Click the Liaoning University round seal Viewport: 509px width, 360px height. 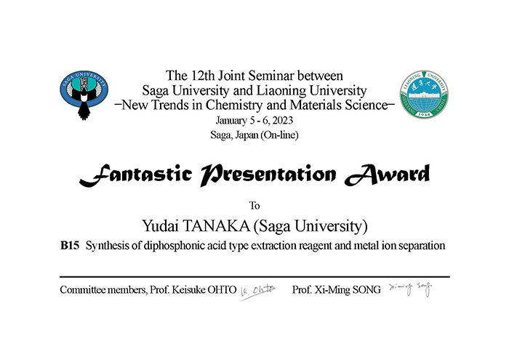pos(424,94)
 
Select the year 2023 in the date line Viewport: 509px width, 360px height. pos(282,121)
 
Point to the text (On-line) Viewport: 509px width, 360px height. pos(279,135)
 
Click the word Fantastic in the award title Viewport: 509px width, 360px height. pos(136,175)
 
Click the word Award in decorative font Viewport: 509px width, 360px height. pos(387,175)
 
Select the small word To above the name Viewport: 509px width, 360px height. pos(254,206)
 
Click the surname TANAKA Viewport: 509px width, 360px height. pos(216,226)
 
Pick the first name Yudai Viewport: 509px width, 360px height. pos(161,226)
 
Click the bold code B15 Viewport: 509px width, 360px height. pos(70,245)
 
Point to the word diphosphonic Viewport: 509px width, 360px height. pos(173,246)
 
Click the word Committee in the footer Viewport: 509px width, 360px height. pos(83,289)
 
